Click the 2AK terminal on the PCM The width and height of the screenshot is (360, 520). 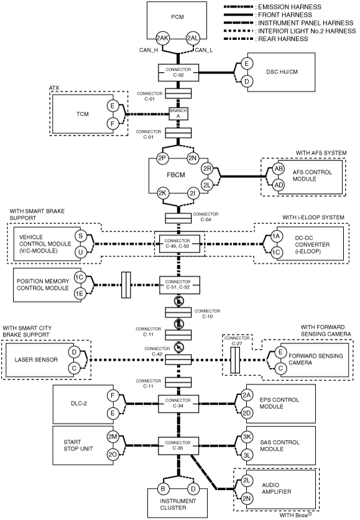click(x=162, y=38)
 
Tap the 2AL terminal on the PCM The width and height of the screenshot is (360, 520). click(x=192, y=38)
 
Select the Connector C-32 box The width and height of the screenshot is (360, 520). click(x=178, y=72)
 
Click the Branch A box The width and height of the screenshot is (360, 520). click(x=178, y=113)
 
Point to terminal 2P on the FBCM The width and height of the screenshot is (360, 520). click(x=162, y=158)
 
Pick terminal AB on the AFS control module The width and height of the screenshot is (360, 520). click(x=279, y=169)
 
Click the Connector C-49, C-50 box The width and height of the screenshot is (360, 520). click(x=179, y=244)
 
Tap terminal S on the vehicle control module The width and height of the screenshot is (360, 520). click(x=81, y=236)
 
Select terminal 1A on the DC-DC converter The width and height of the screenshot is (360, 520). click(x=276, y=236)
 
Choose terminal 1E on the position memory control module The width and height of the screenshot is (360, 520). click(x=79, y=294)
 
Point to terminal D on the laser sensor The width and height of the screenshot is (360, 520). click(x=74, y=352)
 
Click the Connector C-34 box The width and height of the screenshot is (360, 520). click(x=178, y=404)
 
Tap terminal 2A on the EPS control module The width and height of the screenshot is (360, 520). click(x=247, y=394)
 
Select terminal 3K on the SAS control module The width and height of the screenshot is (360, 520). click(x=247, y=437)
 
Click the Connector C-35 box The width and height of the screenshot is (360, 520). click(x=178, y=446)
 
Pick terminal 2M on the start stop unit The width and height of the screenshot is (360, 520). click(x=113, y=437)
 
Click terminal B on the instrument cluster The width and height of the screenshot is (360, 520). click(x=163, y=488)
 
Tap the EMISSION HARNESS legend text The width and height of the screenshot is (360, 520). click(x=290, y=7)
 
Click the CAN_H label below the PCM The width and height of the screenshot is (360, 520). click(x=149, y=50)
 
